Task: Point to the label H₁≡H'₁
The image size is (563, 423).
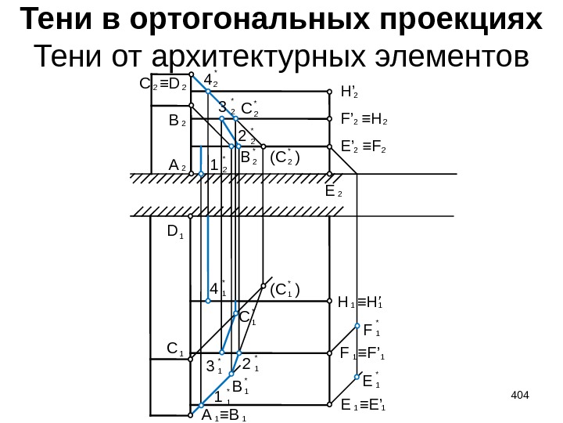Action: click(364, 302)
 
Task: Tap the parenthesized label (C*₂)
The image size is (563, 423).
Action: click(285, 160)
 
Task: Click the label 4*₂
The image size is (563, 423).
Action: click(210, 80)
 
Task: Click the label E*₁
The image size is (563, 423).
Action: click(371, 381)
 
